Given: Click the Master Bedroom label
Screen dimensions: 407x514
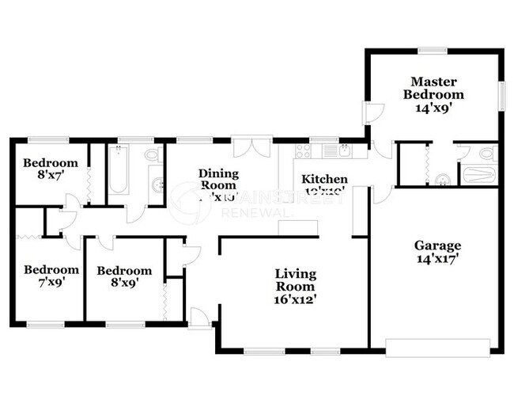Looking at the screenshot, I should pyautogui.click(x=432, y=94).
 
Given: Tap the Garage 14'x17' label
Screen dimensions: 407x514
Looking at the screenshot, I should pyautogui.click(x=437, y=252).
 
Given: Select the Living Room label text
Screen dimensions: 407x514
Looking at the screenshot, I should pyautogui.click(x=295, y=287).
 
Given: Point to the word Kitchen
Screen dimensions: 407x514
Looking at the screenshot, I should pyautogui.click(x=324, y=180).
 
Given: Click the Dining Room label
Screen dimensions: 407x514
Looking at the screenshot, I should pyautogui.click(x=218, y=180).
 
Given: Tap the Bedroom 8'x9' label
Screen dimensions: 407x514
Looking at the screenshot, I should pyautogui.click(x=123, y=276).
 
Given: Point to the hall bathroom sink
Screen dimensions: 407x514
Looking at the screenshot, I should pyautogui.click(x=158, y=186).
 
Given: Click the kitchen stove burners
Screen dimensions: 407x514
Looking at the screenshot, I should pyautogui.click(x=303, y=149).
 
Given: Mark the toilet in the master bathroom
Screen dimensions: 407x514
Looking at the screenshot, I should pyautogui.click(x=484, y=154).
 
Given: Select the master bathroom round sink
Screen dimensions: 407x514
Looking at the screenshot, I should pyautogui.click(x=441, y=177).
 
